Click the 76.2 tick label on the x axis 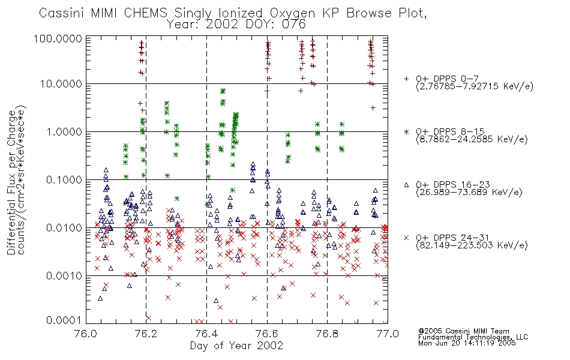click(146, 334)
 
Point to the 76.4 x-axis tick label click(206, 334)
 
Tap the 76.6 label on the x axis click(267, 334)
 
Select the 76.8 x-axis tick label click(327, 334)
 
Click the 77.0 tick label click(388, 334)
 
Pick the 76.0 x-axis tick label click(86, 334)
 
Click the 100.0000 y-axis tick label click(58, 38)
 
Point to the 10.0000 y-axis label click(61, 84)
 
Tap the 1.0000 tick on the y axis click(64, 131)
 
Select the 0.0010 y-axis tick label click(64, 275)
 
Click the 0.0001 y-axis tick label click(64, 320)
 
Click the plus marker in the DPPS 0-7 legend click(406, 79)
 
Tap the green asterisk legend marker click(406, 131)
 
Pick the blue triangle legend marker click(406, 185)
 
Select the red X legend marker click(406, 238)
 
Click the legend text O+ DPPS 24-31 click(452, 238)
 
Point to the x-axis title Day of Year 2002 click(236, 346)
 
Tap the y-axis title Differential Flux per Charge click(11, 181)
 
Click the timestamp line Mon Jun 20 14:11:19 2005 click(467, 343)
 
